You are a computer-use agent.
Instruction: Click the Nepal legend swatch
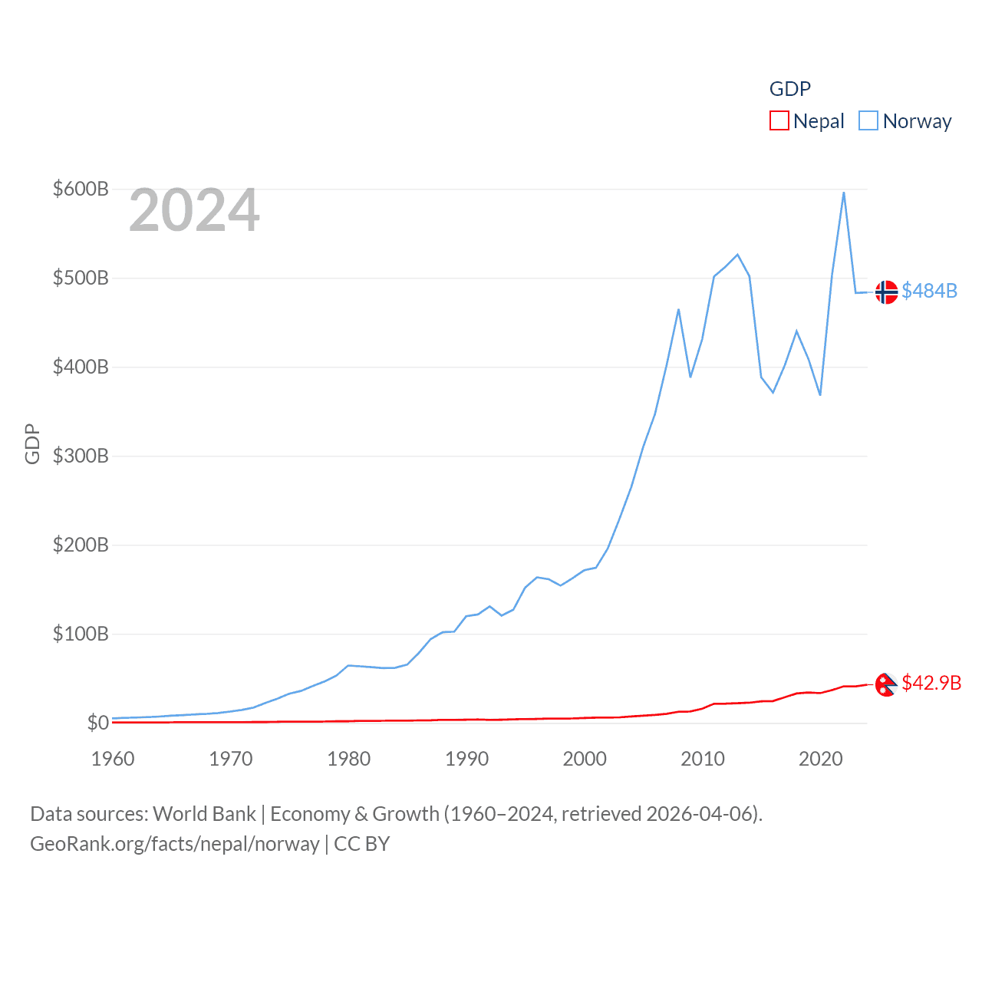(x=779, y=121)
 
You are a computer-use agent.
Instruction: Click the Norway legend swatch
(x=868, y=121)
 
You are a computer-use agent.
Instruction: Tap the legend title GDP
(x=790, y=89)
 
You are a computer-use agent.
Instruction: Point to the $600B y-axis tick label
(x=81, y=189)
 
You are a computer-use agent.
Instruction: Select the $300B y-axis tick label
(x=81, y=456)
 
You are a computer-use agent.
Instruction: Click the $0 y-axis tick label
(x=97, y=723)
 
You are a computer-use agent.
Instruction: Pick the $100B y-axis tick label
(x=81, y=634)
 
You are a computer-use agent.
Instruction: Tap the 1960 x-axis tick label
(x=113, y=759)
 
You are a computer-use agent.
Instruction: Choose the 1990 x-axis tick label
(x=466, y=759)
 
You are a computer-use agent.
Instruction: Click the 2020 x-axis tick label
(x=820, y=759)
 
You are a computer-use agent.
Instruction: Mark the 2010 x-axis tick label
(x=703, y=759)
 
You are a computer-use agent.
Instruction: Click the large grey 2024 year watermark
(x=194, y=210)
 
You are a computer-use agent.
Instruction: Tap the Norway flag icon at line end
(x=886, y=292)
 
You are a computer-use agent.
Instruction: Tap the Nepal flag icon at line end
(x=886, y=684)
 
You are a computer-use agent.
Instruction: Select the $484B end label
(x=930, y=291)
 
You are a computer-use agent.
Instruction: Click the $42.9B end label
(x=931, y=683)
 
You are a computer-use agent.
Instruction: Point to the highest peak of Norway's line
(x=844, y=193)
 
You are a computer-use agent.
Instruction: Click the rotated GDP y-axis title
(x=32, y=443)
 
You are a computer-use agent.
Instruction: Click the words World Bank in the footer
(x=205, y=814)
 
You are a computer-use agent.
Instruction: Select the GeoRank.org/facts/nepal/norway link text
(x=175, y=844)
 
